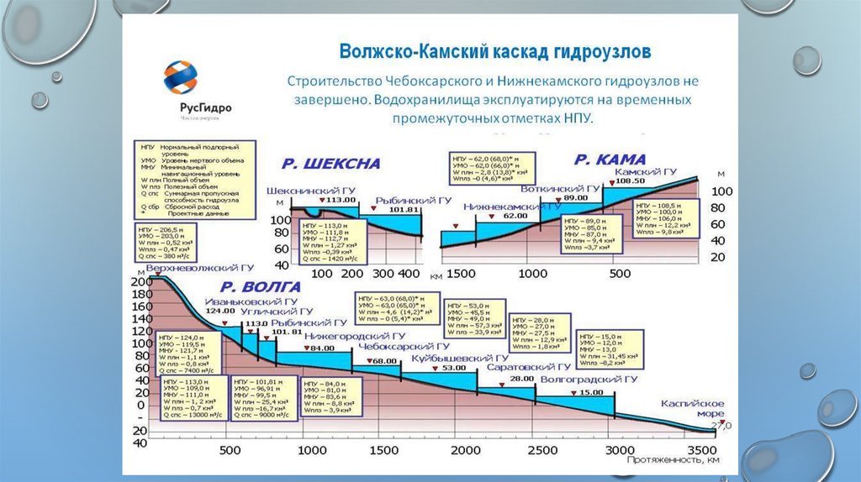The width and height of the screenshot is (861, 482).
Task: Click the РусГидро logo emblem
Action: pos(181,79)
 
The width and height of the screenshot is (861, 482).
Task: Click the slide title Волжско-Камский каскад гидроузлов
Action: pos(494,52)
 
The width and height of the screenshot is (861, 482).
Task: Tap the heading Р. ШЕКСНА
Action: pos(330,163)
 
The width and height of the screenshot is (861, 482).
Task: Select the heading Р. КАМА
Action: pos(610,159)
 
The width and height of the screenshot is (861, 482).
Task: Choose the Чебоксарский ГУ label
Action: pos(404,346)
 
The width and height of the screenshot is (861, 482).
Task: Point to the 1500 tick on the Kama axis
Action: pos(461,275)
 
